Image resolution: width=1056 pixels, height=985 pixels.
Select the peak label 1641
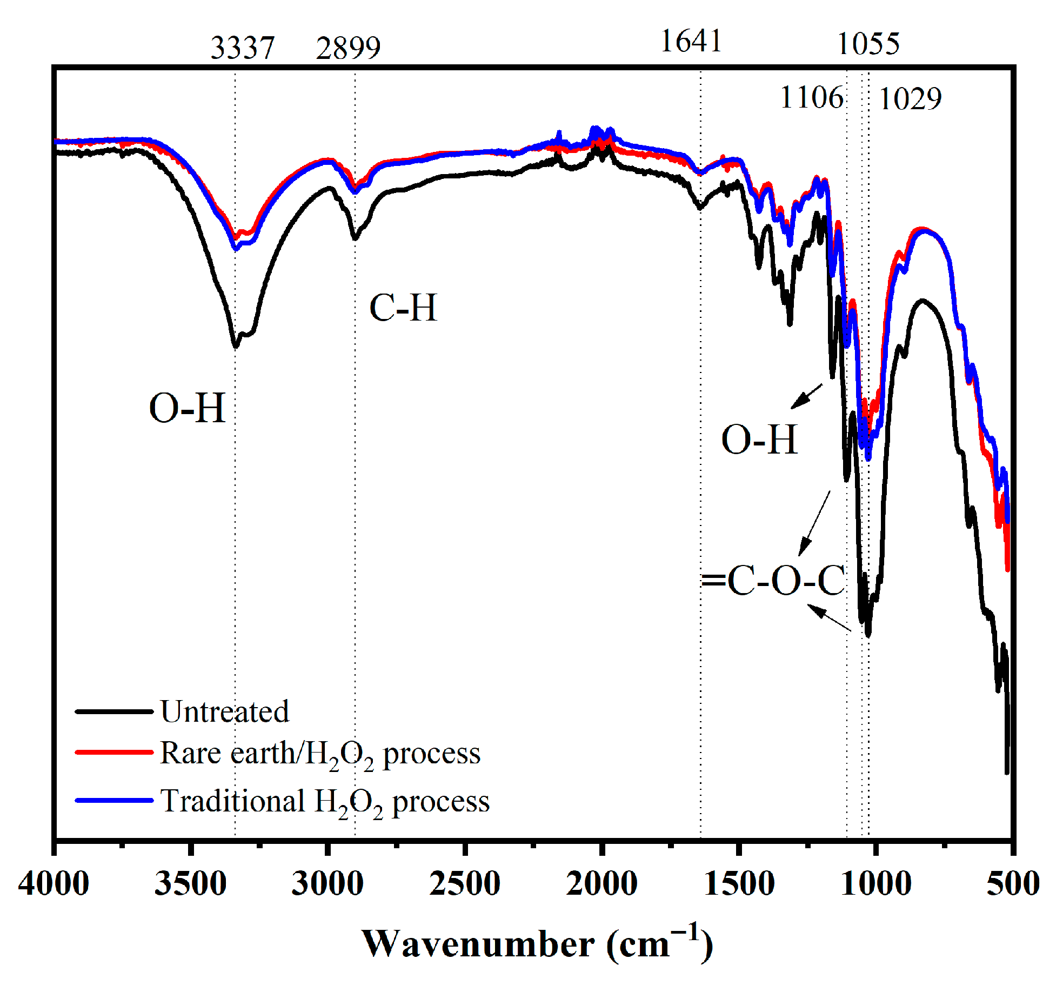pyautogui.click(x=691, y=41)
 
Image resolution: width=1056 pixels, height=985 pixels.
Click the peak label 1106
pyautogui.click(x=811, y=98)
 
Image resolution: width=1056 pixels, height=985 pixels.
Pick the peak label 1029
pyautogui.click(x=910, y=99)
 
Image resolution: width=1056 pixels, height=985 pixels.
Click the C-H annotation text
pyautogui.click(x=403, y=308)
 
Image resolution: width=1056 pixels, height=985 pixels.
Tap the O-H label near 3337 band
pyautogui.click(x=186, y=408)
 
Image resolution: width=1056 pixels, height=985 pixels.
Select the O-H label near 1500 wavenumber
pyautogui.click(x=759, y=439)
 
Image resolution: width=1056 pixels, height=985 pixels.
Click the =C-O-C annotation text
pyautogui.click(x=773, y=581)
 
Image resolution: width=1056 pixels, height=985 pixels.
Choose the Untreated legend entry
pyautogui.click(x=224, y=711)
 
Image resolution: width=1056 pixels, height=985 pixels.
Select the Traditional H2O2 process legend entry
pyautogui.click(x=324, y=801)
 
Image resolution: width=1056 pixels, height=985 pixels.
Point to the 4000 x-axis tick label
pyautogui.click(x=54, y=883)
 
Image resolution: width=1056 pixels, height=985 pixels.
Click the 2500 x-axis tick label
pyautogui.click(x=464, y=883)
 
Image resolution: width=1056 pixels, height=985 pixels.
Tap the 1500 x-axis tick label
pyautogui.click(x=739, y=883)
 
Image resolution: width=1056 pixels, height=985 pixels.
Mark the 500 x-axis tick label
pyautogui.click(x=1012, y=883)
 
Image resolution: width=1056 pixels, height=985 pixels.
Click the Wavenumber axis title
pyautogui.click(x=537, y=944)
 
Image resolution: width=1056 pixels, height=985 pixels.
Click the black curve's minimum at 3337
pyautogui.click(x=236, y=345)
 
